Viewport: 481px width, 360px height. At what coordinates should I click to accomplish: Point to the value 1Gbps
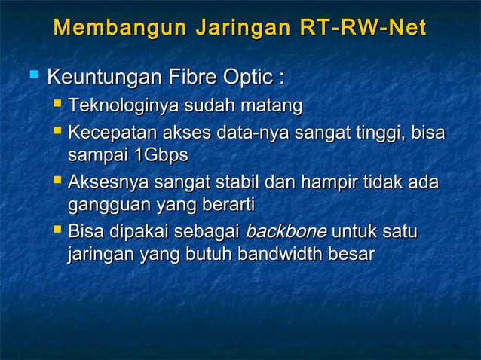point(160,156)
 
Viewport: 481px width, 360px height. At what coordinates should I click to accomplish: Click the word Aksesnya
point(106,184)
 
